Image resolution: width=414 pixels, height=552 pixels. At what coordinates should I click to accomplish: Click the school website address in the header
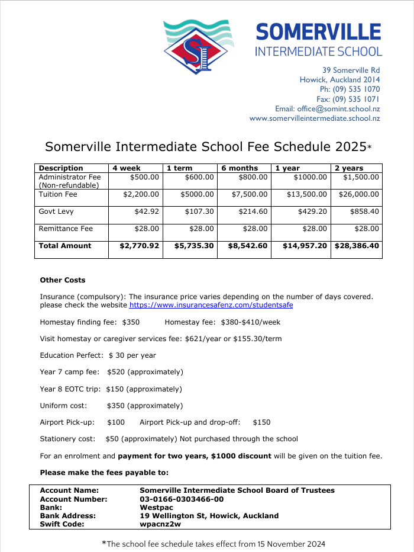315,118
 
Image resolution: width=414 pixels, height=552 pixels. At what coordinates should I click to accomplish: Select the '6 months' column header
240,168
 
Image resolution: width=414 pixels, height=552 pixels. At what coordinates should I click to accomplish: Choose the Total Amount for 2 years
357,246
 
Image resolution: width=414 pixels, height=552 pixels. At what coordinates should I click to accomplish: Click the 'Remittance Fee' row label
66,229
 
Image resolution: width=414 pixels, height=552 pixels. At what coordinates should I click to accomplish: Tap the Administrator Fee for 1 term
199,177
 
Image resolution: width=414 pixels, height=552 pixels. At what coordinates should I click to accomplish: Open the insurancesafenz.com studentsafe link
211,305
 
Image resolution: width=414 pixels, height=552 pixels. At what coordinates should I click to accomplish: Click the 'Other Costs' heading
63,280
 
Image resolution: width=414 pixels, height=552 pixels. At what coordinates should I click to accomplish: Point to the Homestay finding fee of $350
131,322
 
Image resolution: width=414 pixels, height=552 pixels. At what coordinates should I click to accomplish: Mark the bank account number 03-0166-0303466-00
182,499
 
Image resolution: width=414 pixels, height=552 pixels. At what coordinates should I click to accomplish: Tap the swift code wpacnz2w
160,524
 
